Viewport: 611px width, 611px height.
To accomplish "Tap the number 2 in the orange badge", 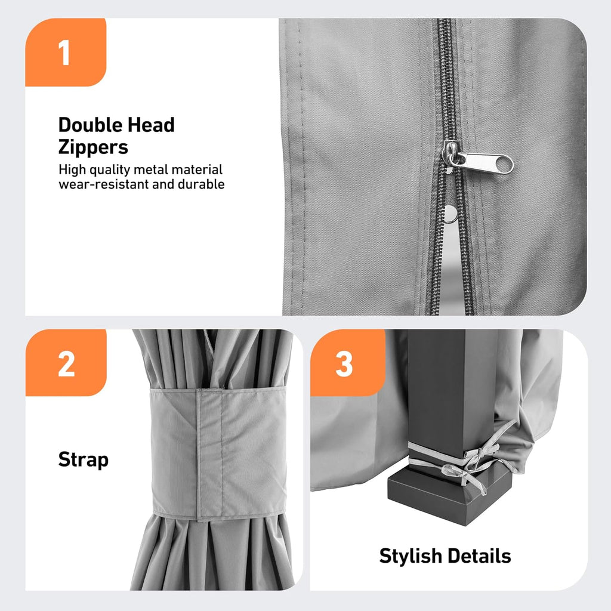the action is (x=66, y=364).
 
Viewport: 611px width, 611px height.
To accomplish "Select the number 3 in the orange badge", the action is (x=344, y=364).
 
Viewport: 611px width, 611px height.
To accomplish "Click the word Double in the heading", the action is (x=90, y=125).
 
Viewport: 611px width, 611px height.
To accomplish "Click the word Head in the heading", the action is (x=151, y=125).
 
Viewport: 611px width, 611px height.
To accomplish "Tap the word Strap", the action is (x=84, y=460).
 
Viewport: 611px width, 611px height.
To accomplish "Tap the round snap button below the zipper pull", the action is (x=451, y=214).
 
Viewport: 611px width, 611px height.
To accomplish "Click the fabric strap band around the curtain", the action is (x=218, y=453).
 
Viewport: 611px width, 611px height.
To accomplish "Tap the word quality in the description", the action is (x=110, y=170).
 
